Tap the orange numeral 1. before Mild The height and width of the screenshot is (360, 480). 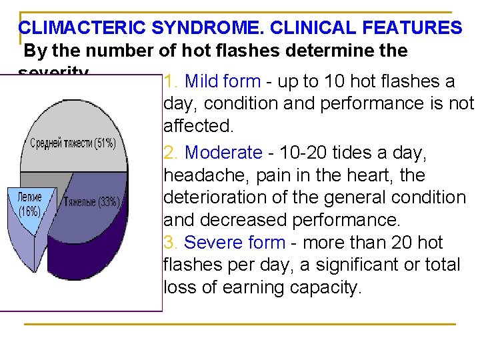171,82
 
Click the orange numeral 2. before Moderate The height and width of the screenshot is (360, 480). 171,153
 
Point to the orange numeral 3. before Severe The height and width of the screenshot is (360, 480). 171,243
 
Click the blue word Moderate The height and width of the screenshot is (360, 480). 223,153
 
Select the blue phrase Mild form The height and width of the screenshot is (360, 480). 222,82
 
